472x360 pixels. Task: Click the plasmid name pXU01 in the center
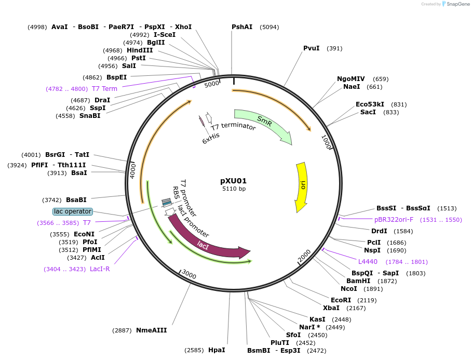233,181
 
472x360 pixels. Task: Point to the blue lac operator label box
73,211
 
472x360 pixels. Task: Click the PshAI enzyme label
242,26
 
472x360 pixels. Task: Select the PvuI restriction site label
312,48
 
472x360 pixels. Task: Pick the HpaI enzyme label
217,350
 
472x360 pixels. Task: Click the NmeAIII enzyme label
151,330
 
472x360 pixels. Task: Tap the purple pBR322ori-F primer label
394,220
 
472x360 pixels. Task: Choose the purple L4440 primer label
368,261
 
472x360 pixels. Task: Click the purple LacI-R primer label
100,269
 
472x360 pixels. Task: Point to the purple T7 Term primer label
104,89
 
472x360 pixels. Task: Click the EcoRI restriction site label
341,300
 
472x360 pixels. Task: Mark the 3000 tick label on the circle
189,275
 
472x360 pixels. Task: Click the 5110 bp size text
234,189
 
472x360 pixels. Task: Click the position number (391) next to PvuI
334,48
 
